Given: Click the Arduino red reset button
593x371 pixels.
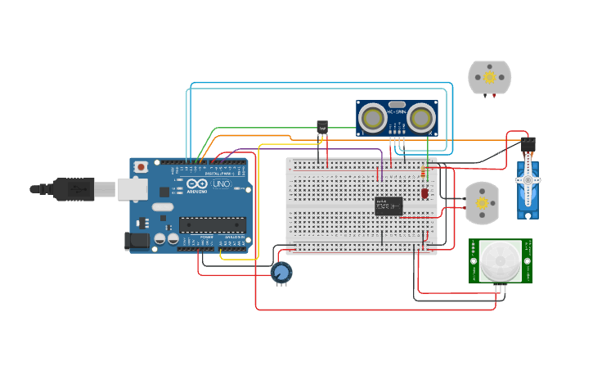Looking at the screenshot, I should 141,167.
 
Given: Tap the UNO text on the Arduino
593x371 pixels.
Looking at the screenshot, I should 222,184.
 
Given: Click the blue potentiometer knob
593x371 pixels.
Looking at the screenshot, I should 281,272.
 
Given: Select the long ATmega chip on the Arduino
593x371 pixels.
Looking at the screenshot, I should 213,224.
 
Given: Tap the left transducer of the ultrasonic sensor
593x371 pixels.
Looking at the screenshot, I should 373,119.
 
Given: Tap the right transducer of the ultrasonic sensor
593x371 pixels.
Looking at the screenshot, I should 420,119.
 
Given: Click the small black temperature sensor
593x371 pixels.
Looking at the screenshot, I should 321,128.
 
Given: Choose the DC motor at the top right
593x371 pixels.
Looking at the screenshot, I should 489,77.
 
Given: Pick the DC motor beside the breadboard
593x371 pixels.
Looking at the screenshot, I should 482,202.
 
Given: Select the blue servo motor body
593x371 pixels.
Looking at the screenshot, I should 528,190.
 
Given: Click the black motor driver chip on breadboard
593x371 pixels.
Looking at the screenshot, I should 389,206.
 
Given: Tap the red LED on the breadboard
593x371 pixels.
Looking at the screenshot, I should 425,193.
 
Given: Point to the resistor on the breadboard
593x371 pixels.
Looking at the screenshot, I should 422,172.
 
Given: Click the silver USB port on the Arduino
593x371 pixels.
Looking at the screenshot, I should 131,189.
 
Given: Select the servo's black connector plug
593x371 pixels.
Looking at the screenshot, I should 528,145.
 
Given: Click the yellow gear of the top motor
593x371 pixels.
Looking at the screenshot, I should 489,77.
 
